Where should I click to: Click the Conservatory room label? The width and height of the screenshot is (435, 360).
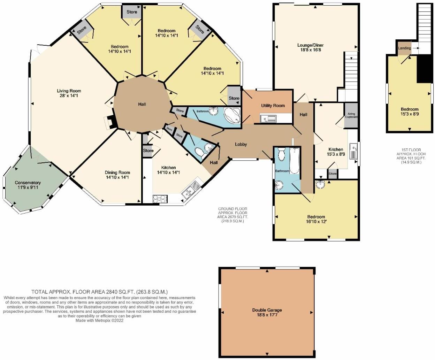pyautogui.click(x=28, y=183)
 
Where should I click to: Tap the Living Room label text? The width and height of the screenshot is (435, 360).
pyautogui.click(x=69, y=91)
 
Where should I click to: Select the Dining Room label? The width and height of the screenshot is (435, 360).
pyautogui.click(x=117, y=173)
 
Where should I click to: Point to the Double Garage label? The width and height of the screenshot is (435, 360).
pyautogui.click(x=267, y=310)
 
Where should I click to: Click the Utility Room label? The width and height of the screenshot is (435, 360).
pyautogui.click(x=273, y=106)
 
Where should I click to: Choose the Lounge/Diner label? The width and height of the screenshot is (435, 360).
pyautogui.click(x=310, y=45)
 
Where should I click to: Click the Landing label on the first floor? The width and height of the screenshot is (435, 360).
pyautogui.click(x=404, y=48)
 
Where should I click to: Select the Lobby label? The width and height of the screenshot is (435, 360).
pyautogui.click(x=241, y=144)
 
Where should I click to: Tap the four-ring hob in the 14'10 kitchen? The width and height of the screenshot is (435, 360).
pyautogui.click(x=160, y=199)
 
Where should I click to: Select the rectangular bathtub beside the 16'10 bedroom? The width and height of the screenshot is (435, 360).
pyautogui.click(x=294, y=160)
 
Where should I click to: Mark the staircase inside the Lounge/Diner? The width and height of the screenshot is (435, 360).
pyautogui.click(x=351, y=70)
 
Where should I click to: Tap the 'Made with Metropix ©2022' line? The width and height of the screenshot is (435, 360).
pyautogui.click(x=99, y=321)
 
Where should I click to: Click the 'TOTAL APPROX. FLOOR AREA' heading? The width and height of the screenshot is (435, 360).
pyautogui.click(x=99, y=292)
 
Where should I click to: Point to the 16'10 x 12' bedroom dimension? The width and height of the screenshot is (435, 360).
pyautogui.click(x=316, y=221)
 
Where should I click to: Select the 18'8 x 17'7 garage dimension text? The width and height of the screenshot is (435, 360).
pyautogui.click(x=267, y=315)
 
